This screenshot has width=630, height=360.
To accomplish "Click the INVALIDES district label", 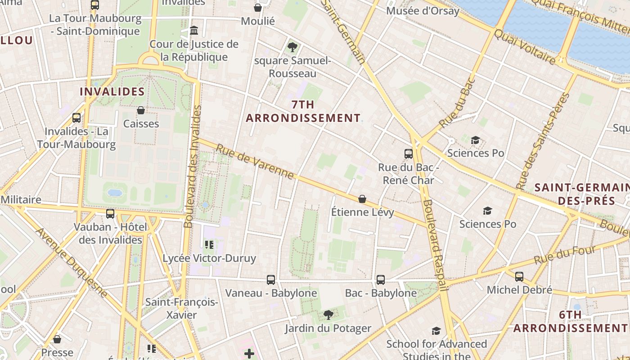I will click(112, 92).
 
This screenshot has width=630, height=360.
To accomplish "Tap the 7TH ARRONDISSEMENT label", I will click(303, 112).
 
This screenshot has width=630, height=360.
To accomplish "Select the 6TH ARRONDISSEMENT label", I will click(570, 322).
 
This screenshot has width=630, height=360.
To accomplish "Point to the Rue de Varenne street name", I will click(255, 162).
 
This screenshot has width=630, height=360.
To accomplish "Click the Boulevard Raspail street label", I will click(435, 245).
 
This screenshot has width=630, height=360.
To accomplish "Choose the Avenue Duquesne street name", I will click(72, 262).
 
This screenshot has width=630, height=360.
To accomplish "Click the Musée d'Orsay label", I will click(423, 11).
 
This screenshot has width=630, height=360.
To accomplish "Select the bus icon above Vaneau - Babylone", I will click(270, 280).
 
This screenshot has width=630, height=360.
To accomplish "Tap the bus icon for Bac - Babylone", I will click(381, 280).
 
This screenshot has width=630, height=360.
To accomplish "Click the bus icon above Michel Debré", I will click(519, 277).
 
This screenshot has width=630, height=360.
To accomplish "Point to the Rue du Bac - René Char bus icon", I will click(408, 154).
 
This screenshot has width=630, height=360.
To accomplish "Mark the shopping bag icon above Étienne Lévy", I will click(362, 198).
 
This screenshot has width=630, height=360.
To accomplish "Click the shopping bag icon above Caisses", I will click(141, 110).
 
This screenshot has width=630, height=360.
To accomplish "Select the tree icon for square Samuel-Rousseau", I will click(292, 47).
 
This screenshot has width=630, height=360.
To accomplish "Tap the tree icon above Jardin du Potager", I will click(328, 315).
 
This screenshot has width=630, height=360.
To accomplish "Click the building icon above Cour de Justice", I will click(194, 31).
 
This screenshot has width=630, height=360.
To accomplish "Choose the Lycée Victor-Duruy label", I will click(209, 258).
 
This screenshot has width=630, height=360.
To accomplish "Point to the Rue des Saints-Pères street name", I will click(543, 141).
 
